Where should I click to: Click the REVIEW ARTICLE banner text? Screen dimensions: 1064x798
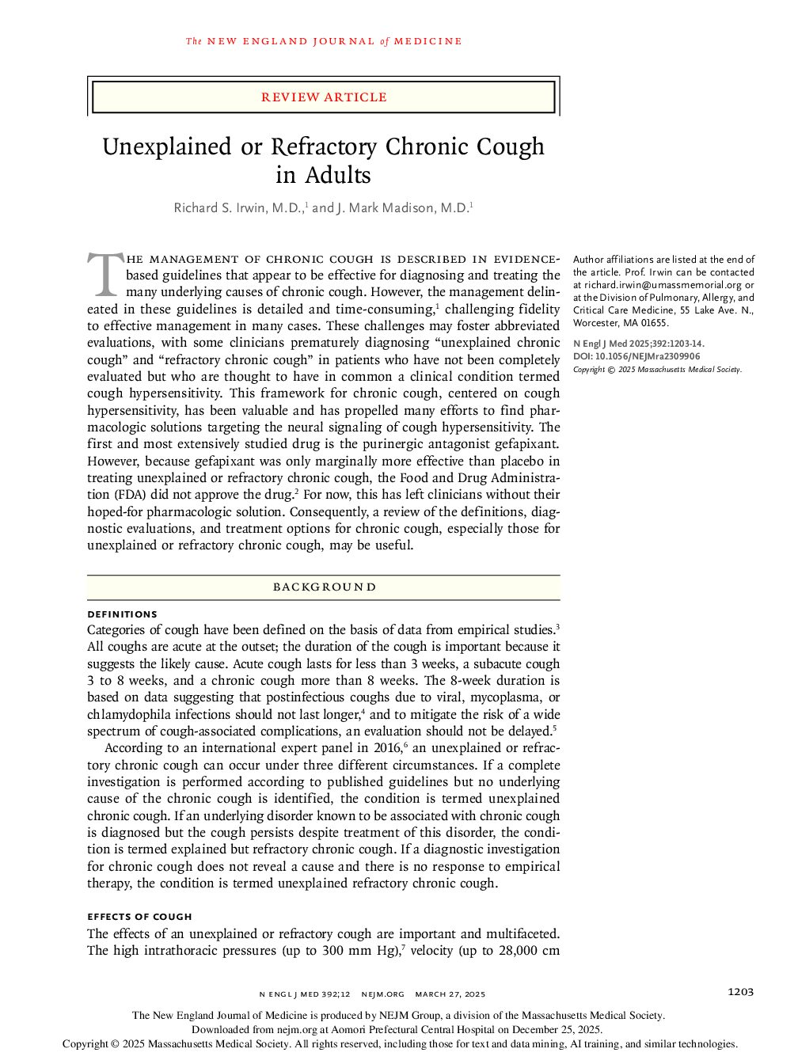click(324, 97)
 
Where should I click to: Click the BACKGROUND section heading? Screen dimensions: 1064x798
click(324, 587)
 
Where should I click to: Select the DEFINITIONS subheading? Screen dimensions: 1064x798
click(122, 614)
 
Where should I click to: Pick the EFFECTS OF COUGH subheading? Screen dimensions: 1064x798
click(139, 917)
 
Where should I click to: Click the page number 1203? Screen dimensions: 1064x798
click(740, 992)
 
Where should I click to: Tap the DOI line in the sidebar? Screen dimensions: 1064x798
click(636, 356)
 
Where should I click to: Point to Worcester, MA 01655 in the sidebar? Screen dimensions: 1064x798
click(621, 323)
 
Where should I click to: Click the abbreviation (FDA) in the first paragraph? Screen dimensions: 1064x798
click(104, 495)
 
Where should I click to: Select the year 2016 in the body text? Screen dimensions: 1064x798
click(387, 748)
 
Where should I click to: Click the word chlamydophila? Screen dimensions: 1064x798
click(126, 715)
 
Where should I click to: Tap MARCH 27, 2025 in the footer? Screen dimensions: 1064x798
click(450, 994)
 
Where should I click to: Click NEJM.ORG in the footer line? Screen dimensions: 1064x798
click(382, 994)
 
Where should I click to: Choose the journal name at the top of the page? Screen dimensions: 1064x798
click(324, 41)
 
